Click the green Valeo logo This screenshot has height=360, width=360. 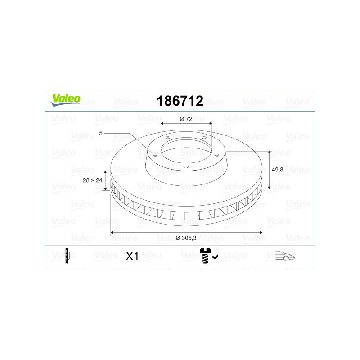(x=65, y=100)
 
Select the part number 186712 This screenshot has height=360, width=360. (x=180, y=101)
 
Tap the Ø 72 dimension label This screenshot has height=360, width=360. (x=186, y=119)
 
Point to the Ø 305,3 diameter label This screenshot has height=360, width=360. (x=186, y=238)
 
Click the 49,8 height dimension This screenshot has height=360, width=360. (x=277, y=170)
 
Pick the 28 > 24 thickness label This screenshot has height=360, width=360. (x=93, y=180)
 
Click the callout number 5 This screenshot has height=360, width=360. (x=101, y=133)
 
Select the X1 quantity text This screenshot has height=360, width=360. (x=132, y=256)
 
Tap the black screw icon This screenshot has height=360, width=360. (x=205, y=255)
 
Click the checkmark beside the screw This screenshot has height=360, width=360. (x=215, y=256)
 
